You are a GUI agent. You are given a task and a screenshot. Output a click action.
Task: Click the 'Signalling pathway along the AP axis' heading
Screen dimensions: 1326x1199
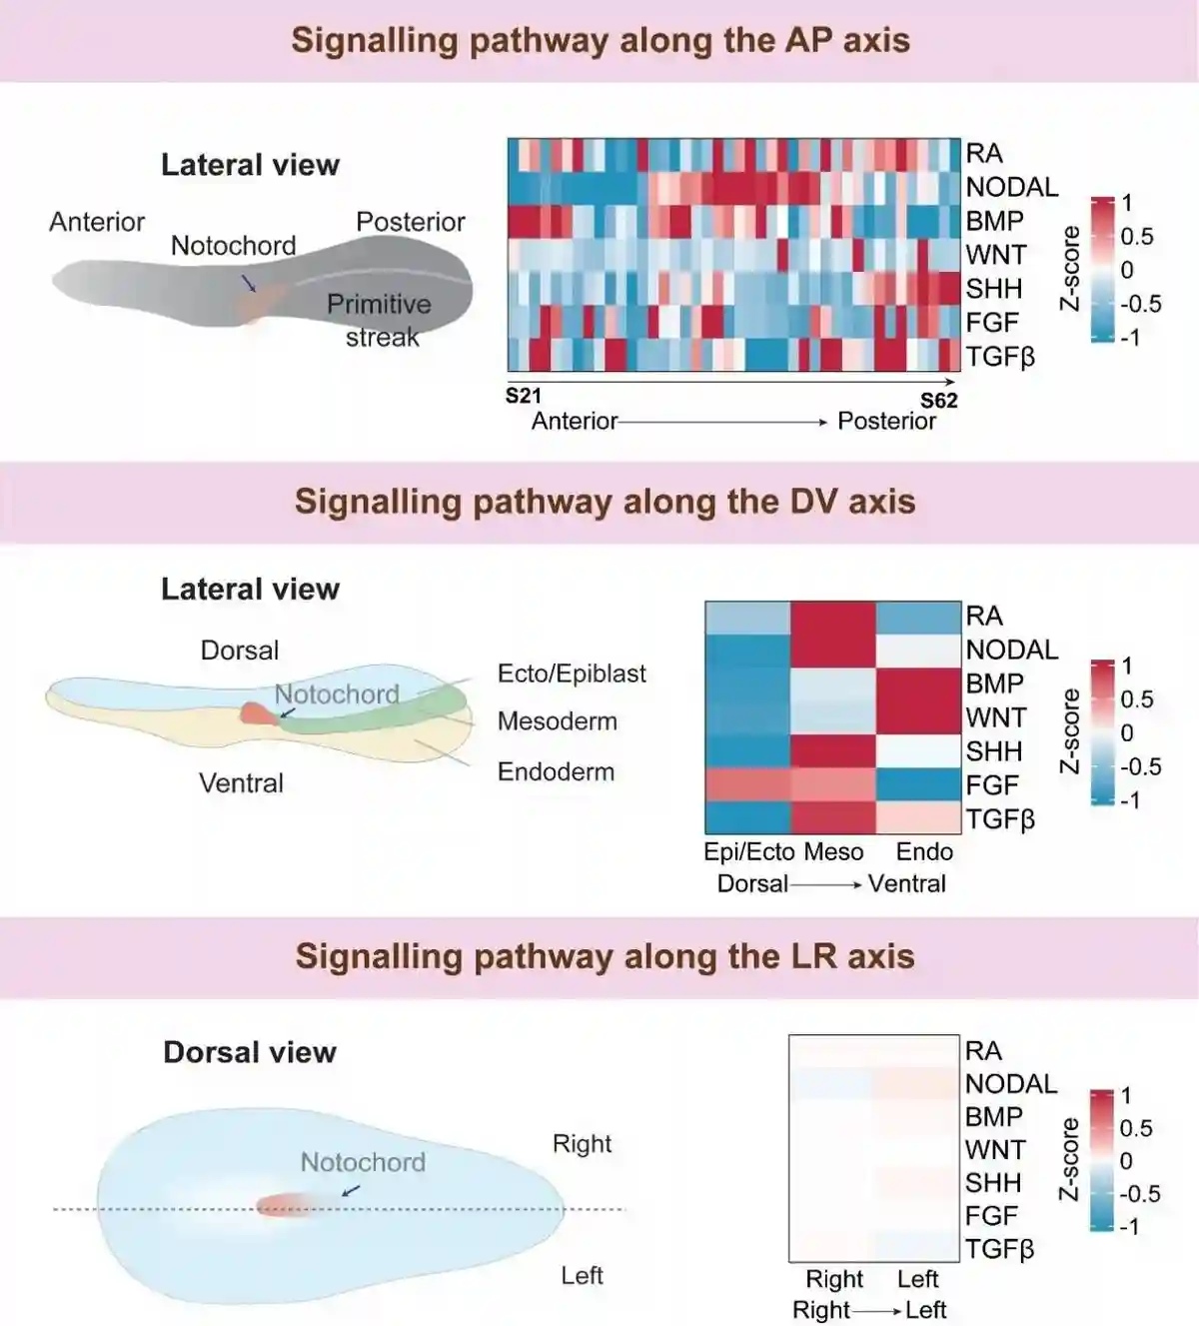600,41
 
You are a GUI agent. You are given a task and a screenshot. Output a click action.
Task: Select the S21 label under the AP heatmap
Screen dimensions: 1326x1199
523,396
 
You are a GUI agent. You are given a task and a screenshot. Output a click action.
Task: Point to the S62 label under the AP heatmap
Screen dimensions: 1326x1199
938,400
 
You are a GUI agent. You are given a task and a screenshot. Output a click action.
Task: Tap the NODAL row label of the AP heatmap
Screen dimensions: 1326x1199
1011,187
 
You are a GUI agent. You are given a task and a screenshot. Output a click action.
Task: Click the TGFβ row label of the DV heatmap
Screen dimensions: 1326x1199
1000,819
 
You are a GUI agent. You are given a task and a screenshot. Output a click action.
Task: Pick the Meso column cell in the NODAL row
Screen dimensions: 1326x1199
832,651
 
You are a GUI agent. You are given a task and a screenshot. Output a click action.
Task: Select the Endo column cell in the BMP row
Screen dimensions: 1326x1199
918,684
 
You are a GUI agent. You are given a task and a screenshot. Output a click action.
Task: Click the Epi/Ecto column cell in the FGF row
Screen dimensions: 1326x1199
747,785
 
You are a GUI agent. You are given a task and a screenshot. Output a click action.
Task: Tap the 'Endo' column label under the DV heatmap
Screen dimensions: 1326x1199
924,851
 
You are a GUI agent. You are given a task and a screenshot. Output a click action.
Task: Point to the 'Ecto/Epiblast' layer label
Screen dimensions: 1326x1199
572,673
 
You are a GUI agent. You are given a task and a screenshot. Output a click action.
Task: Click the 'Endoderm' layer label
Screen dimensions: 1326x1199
556,771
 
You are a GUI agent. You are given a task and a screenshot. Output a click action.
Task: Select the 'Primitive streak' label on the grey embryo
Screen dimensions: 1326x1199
380,320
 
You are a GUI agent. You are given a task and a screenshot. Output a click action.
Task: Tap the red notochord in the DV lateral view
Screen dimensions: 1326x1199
257,712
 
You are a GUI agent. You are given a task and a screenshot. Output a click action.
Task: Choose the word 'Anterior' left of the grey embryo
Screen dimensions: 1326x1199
97,222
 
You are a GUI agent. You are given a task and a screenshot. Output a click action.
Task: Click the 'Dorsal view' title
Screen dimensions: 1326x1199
250,1052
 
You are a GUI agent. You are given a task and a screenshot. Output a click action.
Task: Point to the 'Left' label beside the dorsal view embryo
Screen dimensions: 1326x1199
582,1275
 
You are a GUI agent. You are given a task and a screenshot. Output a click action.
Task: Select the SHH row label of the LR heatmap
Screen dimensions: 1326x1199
993,1183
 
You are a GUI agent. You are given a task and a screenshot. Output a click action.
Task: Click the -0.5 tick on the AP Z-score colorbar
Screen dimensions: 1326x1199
1140,304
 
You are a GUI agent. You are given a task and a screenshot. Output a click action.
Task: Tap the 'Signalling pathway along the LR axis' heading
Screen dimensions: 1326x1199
604,956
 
